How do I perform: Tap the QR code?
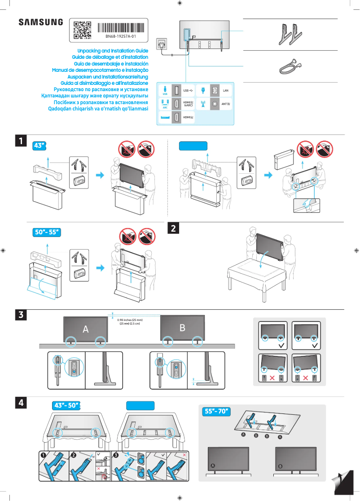82,30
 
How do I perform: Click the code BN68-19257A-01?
120,36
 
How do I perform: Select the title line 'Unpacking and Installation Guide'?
113,51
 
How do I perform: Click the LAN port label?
226,91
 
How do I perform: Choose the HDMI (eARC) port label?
188,105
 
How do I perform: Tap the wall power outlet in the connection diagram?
162,44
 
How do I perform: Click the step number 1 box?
21,141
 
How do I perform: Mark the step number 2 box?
174,228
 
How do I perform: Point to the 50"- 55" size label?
47,232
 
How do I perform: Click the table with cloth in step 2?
256,274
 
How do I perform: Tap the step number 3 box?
21,315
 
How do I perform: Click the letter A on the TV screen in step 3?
85,329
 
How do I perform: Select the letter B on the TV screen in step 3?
182,328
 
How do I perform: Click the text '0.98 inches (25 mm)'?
130,320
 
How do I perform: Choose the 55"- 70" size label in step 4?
216,411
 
